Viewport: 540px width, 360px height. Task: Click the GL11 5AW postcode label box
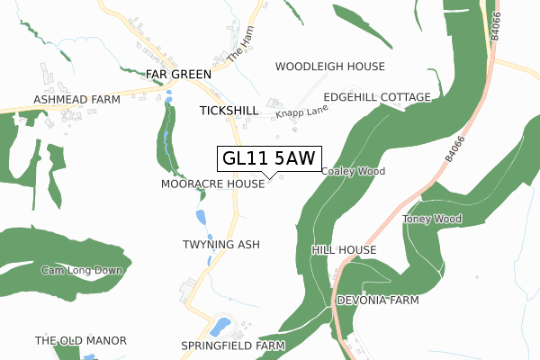[269, 158]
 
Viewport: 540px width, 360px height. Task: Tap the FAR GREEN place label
[180, 74]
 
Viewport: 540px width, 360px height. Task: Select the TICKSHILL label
[229, 110]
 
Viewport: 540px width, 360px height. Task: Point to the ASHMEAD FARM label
[76, 99]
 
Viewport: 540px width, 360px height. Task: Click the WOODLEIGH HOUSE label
[329, 67]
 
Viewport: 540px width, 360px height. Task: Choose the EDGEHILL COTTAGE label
[376, 96]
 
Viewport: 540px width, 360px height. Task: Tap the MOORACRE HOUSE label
[212, 184]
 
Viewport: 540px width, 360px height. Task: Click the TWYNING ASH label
[220, 245]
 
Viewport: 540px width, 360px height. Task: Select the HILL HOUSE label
[343, 249]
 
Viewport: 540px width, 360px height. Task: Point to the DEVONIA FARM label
[378, 300]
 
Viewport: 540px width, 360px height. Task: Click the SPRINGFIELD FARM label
[232, 346]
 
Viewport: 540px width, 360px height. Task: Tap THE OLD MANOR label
[80, 341]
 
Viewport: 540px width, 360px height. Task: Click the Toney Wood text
[432, 220]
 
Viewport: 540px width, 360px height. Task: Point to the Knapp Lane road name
[301, 111]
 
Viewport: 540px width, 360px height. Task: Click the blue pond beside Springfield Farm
[220, 324]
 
